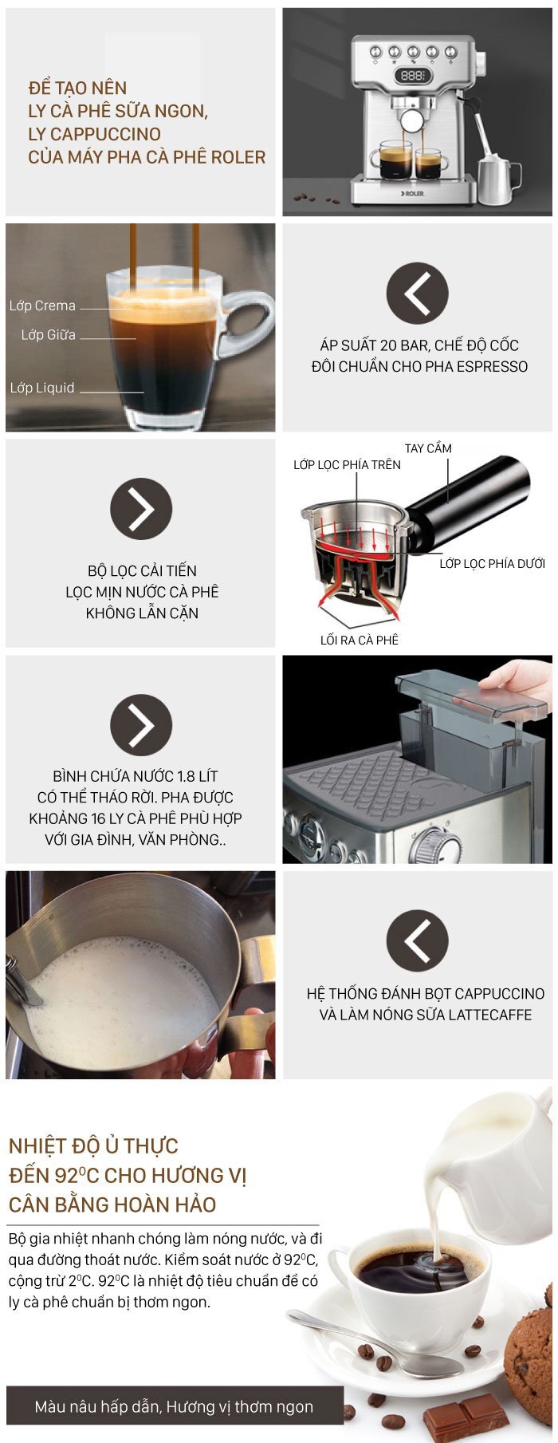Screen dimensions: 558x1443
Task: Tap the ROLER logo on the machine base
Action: [x=412, y=192]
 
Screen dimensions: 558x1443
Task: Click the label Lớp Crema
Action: [x=42, y=306]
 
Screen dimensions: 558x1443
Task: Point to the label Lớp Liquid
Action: [x=42, y=388]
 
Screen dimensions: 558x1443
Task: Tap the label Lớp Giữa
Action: [x=49, y=335]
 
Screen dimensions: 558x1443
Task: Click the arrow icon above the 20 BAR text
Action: [x=417, y=294]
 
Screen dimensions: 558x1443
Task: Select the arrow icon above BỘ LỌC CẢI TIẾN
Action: [x=141, y=509]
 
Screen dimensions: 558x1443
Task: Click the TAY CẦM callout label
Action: [x=428, y=448]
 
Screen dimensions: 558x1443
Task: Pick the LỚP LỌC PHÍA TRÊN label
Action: [x=347, y=464]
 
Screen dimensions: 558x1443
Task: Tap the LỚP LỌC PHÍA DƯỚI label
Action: [x=493, y=563]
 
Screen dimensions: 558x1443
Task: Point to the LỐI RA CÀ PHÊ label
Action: [x=360, y=640]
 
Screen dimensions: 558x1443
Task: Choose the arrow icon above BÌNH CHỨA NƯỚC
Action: [x=141, y=725]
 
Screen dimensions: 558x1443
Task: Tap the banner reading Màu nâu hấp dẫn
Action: [x=175, y=1406]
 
